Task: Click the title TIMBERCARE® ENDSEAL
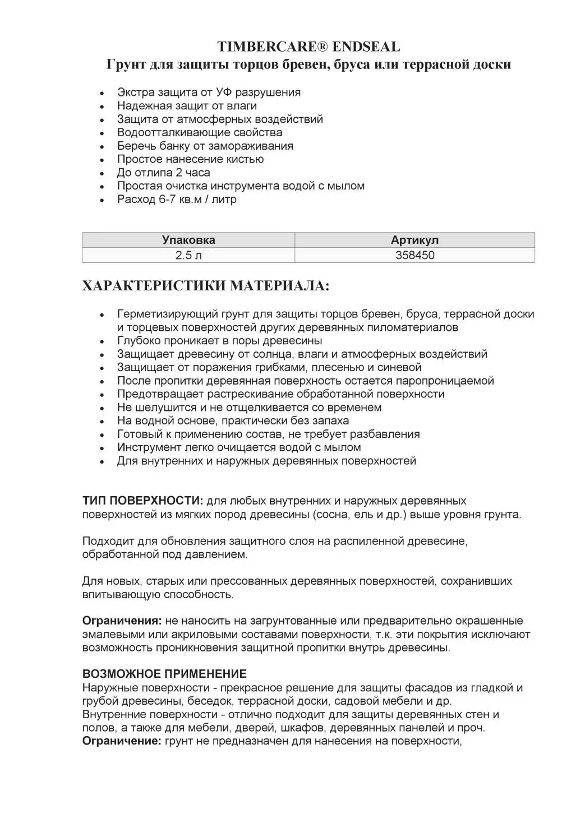point(308,47)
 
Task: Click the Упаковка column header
point(188,240)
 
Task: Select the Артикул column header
point(414,240)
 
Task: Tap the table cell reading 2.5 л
point(188,255)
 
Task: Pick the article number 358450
point(414,255)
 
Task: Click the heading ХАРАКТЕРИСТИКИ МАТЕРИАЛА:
point(206,286)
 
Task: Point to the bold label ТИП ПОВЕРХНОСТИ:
point(143,501)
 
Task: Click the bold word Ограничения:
point(122,621)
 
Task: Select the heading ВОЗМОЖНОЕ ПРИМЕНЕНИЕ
point(164,674)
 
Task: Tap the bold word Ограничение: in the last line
point(122,741)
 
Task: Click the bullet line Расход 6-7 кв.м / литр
point(177,199)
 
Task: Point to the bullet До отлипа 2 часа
point(163,173)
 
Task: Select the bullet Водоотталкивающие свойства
point(200,132)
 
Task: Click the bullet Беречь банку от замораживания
point(205,146)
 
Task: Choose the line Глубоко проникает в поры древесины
point(219,340)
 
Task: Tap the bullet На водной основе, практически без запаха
point(233,420)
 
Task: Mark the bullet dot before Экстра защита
point(102,93)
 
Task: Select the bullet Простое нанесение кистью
point(190,159)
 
